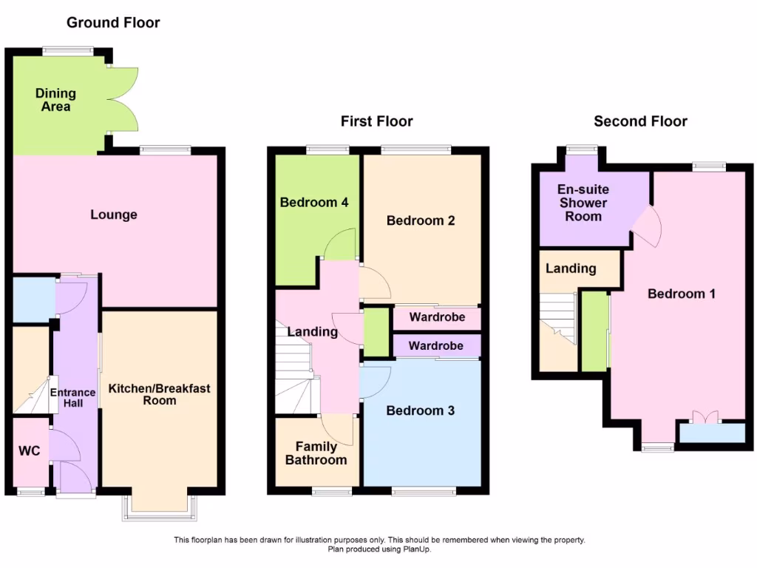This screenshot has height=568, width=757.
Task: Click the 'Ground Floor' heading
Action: [113, 22]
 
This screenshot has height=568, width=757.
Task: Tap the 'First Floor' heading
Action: [376, 121]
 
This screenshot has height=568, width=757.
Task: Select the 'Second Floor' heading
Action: [641, 121]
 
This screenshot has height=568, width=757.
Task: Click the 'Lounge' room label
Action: [114, 215]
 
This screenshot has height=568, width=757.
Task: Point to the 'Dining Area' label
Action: [55, 100]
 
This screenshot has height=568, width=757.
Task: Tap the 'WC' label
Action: [28, 451]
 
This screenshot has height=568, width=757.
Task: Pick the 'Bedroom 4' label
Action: [314, 202]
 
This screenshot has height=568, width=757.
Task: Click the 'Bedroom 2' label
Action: [420, 220]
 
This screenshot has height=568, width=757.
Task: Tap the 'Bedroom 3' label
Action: [420, 410]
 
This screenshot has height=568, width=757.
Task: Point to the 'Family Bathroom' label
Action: [316, 453]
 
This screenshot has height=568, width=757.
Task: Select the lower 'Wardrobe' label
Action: [436, 345]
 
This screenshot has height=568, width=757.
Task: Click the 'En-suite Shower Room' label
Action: [583, 203]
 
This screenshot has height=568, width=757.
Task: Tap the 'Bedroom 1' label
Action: [681, 294]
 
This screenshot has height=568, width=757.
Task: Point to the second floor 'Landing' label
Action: [571, 268]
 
